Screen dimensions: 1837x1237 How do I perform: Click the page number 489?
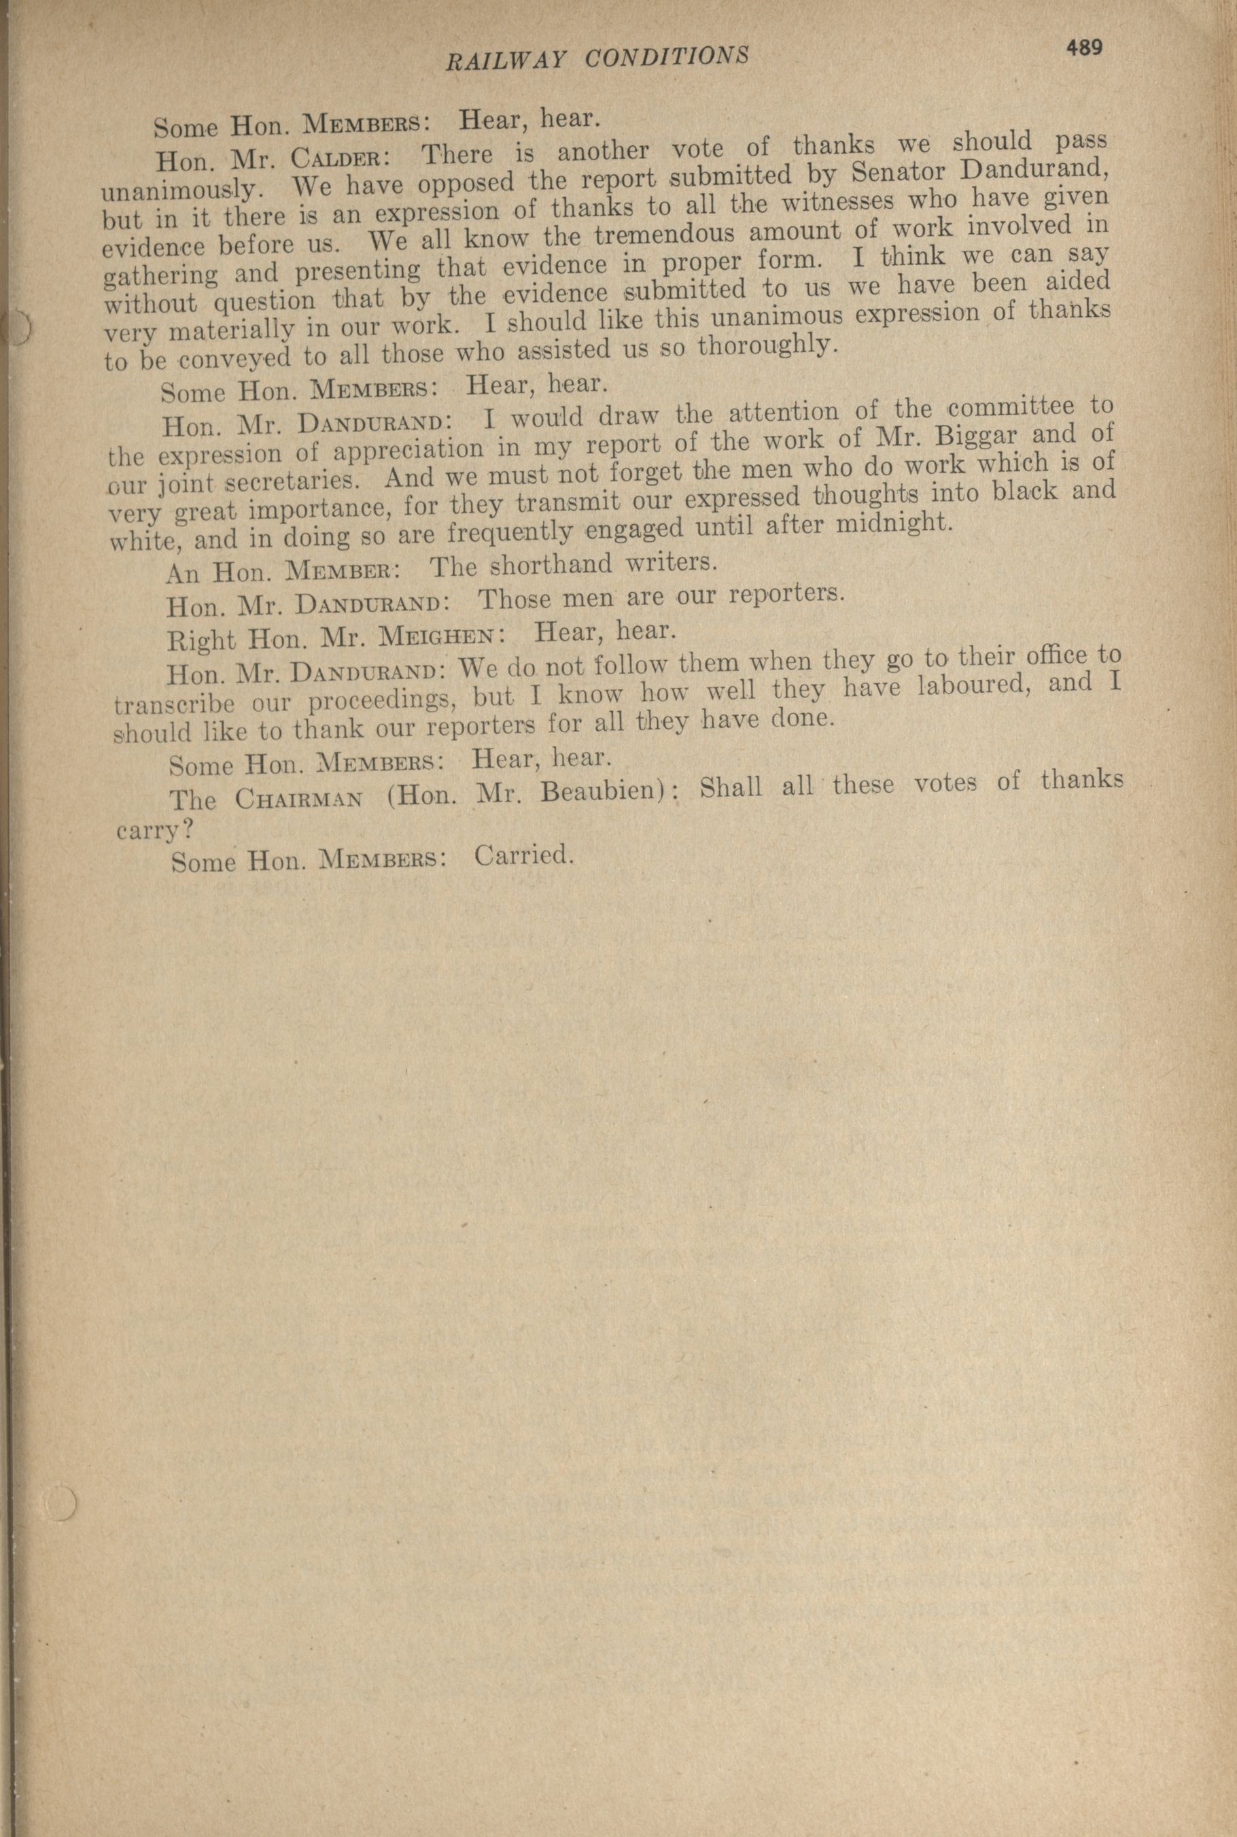1084,48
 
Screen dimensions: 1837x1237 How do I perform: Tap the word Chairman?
299,799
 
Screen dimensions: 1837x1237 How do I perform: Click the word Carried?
521,855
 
